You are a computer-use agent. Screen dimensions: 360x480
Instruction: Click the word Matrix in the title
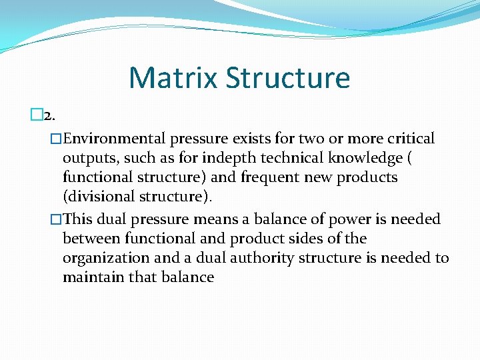pos(173,77)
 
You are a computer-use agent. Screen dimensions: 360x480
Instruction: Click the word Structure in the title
pos(287,77)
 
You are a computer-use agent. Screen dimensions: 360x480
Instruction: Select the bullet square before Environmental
pos(56,139)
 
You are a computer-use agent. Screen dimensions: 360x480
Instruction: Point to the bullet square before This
pos(56,219)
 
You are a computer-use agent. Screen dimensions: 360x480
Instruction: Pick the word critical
pos(408,139)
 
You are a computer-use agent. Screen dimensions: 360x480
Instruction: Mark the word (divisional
pos(99,197)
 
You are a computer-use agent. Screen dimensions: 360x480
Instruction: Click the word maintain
pos(91,277)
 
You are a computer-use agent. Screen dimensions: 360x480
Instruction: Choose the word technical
pos(285,159)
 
